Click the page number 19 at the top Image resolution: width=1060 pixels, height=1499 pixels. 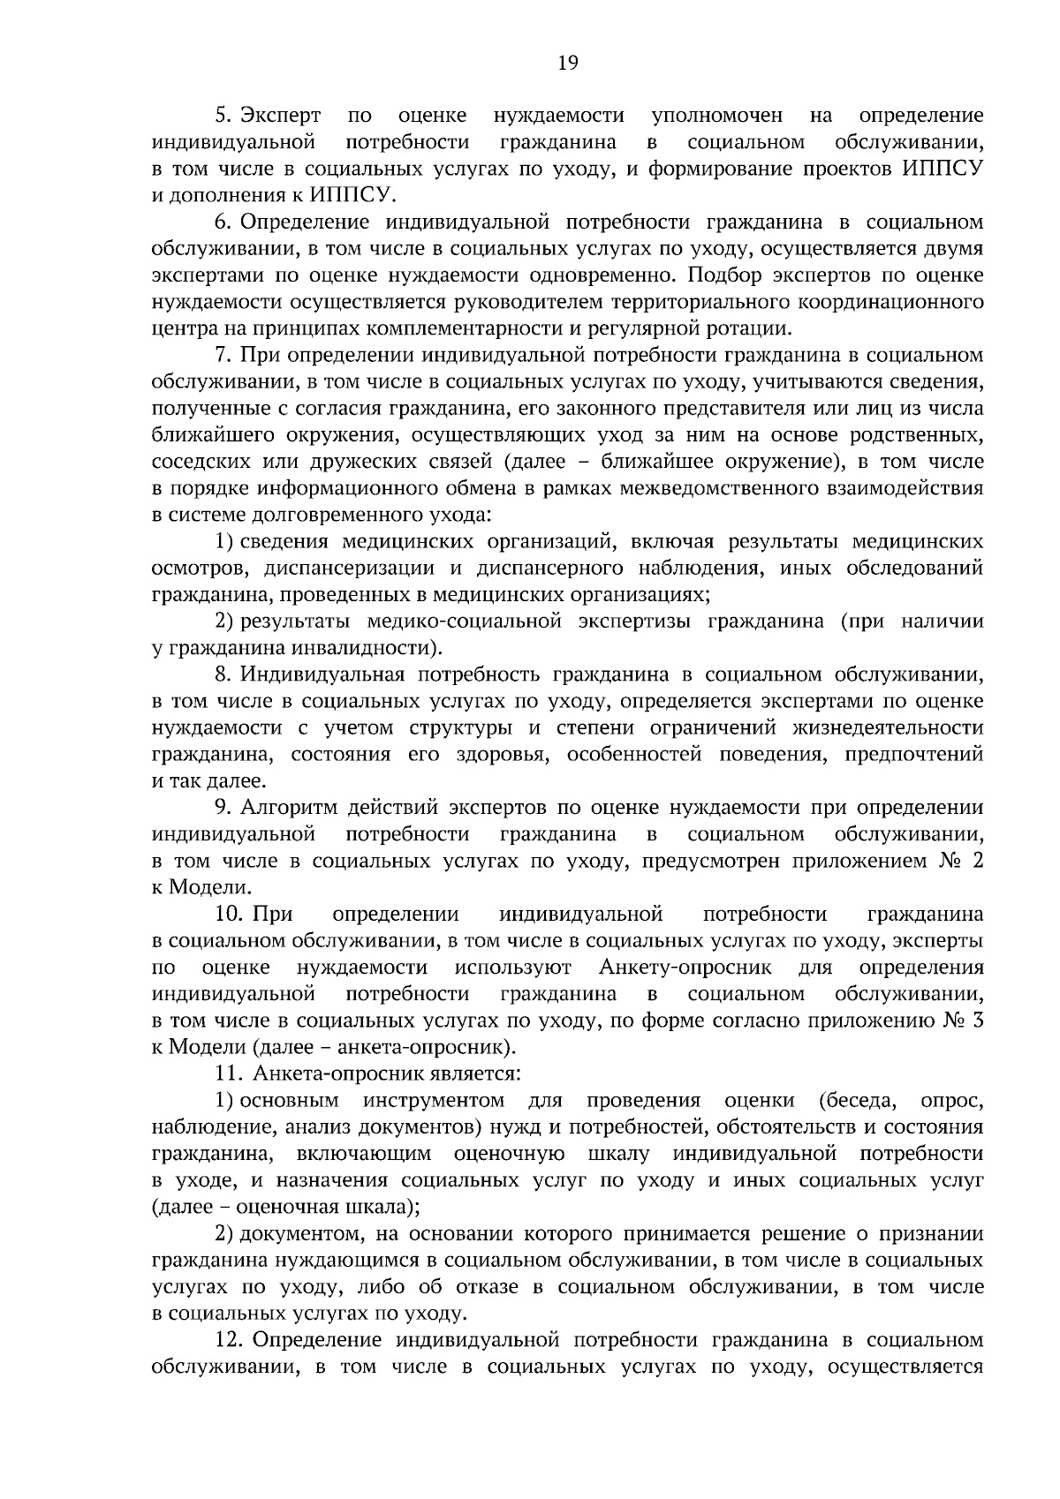point(568,62)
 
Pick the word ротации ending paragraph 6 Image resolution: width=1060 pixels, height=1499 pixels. point(755,329)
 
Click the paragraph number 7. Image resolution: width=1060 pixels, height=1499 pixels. point(223,356)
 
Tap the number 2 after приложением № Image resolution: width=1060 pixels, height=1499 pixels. point(976,861)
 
